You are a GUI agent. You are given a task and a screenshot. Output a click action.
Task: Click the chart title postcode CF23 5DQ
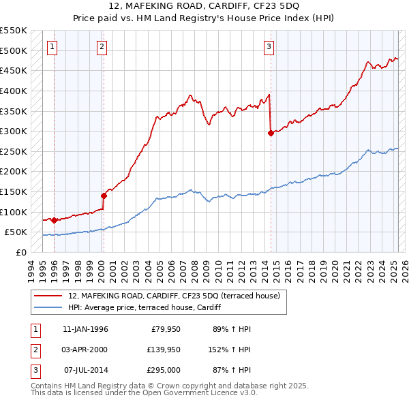coord(271,6)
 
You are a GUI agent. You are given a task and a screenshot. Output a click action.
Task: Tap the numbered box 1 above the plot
coord(52,47)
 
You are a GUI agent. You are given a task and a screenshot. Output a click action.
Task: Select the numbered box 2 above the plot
coord(102,47)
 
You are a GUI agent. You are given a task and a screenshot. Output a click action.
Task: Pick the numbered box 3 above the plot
coord(269,47)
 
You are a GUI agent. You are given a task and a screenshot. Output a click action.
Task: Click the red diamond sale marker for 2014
coord(271,134)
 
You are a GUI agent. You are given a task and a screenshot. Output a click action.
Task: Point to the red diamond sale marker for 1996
coord(54,220)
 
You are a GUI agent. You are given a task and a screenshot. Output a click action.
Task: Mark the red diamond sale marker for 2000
coord(104,196)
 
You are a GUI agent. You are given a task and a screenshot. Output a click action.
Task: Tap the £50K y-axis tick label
coord(16,232)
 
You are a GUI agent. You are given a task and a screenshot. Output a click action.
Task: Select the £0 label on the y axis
coord(21,253)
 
